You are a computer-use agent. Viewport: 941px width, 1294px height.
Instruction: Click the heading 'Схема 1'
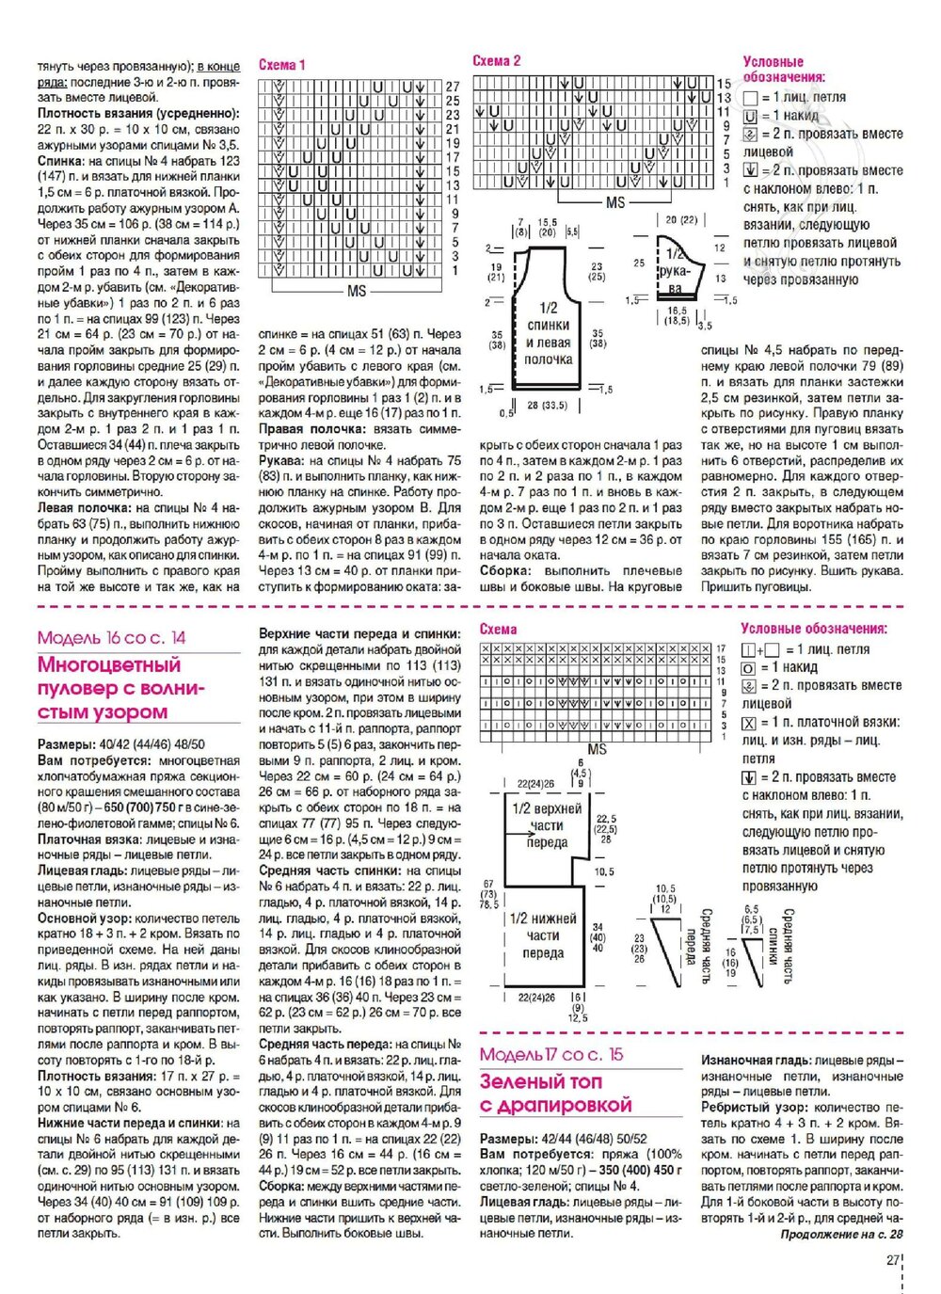click(282, 65)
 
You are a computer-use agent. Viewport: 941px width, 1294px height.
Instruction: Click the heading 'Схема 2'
click(497, 61)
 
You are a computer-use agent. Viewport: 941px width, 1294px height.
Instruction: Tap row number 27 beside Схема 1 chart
click(453, 87)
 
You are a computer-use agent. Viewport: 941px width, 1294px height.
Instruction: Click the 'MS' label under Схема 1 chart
click(356, 292)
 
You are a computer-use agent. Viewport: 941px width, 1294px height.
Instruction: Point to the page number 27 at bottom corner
click(893, 1260)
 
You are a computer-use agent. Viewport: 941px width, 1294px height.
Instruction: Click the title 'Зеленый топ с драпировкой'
click(555, 1094)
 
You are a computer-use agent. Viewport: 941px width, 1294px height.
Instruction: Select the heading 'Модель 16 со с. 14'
click(112, 638)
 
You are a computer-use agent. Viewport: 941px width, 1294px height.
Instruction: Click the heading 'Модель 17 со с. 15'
click(551, 1055)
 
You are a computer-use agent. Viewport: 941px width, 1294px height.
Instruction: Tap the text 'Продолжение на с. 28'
click(841, 1234)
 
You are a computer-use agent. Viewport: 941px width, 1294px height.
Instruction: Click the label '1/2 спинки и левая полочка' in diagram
click(548, 333)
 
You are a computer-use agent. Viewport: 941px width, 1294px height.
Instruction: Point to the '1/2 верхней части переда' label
click(547, 825)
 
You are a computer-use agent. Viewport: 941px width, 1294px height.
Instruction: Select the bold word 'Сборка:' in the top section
click(508, 571)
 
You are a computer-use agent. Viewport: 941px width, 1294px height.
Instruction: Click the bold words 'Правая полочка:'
click(304, 429)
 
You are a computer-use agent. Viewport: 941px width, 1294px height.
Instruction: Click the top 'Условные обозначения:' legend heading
click(783, 70)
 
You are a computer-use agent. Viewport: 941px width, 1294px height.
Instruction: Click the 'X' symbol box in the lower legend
click(749, 723)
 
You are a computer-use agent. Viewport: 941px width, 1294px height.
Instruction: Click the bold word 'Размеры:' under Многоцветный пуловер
click(65, 744)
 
